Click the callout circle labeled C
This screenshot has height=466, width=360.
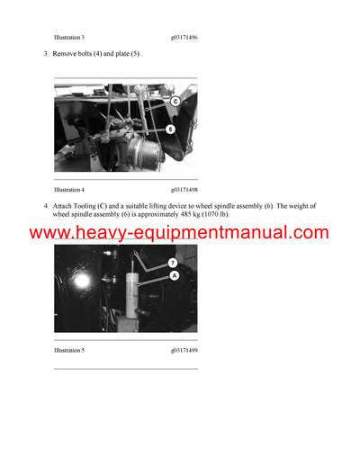[x=175, y=102]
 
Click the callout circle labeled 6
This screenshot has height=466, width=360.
[x=170, y=130]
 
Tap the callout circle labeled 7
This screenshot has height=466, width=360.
[x=173, y=262]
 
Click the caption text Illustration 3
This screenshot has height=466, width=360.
[x=69, y=38]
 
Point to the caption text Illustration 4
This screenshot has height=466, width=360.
[x=69, y=190]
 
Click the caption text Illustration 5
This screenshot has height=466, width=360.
[x=69, y=349]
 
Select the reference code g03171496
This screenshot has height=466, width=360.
[x=184, y=38]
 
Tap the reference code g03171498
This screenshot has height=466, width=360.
[x=184, y=190]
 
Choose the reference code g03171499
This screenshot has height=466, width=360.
[x=184, y=349]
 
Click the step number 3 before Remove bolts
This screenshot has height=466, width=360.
[x=45, y=55]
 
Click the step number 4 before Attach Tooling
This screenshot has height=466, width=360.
[x=45, y=206]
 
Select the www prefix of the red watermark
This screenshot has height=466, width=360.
[x=49, y=233]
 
